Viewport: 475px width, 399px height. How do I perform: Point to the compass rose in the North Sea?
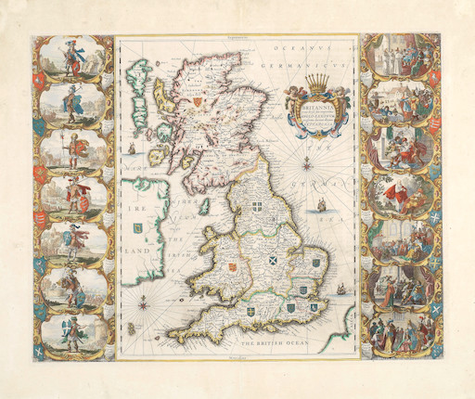332,167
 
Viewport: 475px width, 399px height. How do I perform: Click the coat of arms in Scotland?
198,101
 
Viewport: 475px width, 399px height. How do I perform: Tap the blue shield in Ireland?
138,225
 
